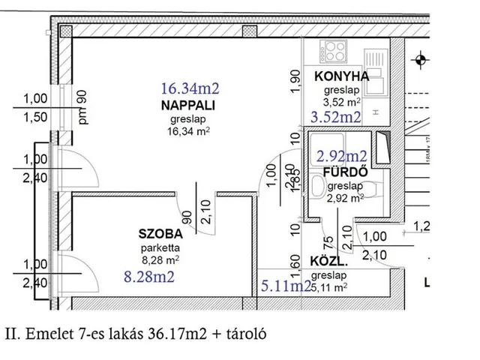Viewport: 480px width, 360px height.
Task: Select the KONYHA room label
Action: pos(342,76)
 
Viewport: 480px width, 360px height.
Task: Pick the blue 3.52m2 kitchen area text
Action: pos(336,116)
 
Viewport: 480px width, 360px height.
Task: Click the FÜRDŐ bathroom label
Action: pos(344,171)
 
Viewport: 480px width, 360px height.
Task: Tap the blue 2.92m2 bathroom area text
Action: pos(342,156)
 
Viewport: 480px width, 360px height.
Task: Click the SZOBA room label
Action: pos(159,232)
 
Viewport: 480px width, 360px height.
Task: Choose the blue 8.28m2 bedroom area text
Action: pos(151,276)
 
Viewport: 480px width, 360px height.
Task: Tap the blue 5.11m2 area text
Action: pos(286,285)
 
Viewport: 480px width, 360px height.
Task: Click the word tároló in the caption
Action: pos(244,331)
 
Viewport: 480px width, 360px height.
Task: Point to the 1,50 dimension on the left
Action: pos(35,116)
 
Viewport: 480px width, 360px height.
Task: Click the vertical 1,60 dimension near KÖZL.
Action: pos(295,265)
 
